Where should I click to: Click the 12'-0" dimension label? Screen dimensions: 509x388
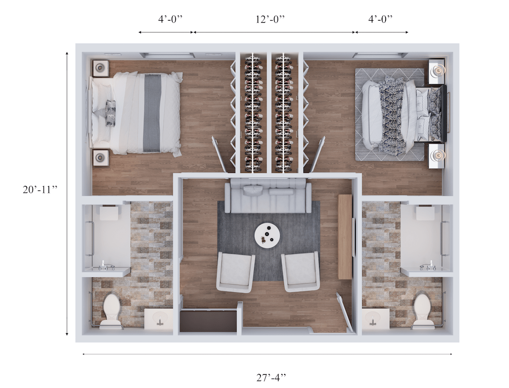point(270,19)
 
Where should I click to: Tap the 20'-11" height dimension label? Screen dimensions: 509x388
point(40,190)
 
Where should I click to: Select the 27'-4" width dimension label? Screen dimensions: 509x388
point(271,377)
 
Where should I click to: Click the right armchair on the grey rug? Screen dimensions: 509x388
point(301,272)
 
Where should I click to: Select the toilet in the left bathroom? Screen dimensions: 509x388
point(111,310)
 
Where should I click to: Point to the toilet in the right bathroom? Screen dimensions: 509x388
point(424,310)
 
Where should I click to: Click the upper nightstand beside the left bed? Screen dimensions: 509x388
point(101,68)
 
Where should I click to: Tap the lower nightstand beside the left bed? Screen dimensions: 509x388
point(101,158)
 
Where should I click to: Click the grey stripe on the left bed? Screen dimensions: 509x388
point(152,113)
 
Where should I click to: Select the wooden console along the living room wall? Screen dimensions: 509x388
point(345,237)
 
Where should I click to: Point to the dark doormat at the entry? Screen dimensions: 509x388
point(209,321)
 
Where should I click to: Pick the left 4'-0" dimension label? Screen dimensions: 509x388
point(170,19)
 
